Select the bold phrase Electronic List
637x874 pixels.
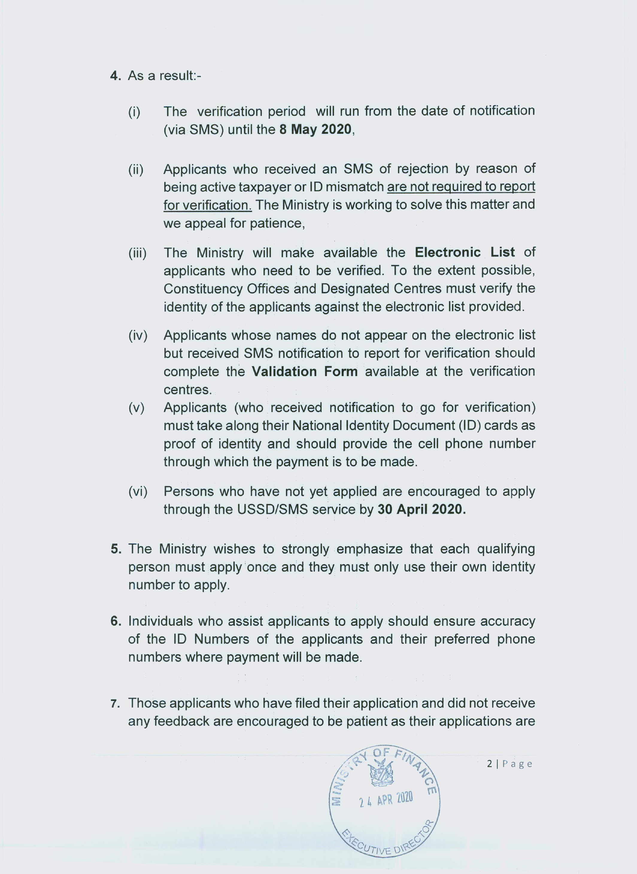464,252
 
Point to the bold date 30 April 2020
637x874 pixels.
421,509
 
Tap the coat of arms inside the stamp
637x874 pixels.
382,773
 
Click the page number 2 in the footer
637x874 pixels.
489,764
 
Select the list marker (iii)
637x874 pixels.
137,253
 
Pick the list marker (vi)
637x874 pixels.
138,492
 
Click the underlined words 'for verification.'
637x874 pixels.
207,205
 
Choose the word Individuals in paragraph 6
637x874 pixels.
159,621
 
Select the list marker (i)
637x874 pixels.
134,112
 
